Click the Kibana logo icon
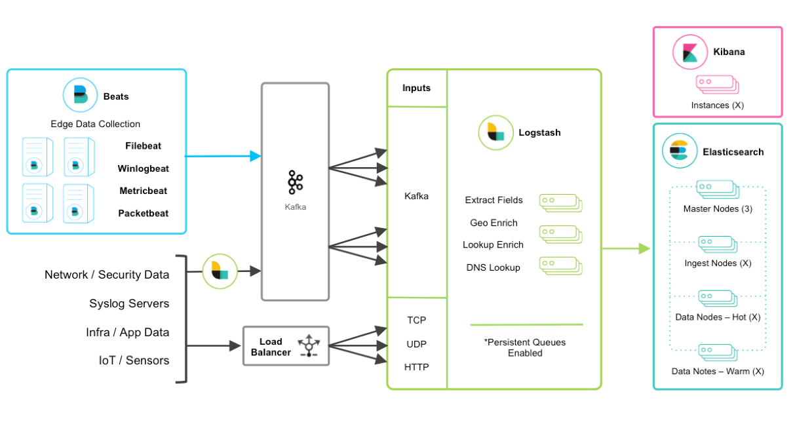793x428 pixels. tap(690, 52)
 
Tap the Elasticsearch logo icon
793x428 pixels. tap(679, 151)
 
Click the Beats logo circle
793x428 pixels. tap(80, 96)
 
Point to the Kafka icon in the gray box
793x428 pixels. tap(295, 182)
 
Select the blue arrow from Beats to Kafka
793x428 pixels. tap(223, 156)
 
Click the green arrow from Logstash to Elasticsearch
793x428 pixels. tap(625, 248)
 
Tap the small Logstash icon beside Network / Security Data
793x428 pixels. tap(220, 271)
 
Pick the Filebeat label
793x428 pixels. tap(143, 146)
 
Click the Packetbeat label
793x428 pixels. tap(143, 213)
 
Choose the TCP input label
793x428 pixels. tap(416, 321)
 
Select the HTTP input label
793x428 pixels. tap(416, 367)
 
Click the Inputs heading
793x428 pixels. tap(416, 88)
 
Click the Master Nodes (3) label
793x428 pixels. tap(718, 209)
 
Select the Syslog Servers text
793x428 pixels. tap(129, 303)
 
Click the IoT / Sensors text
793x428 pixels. tap(134, 360)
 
